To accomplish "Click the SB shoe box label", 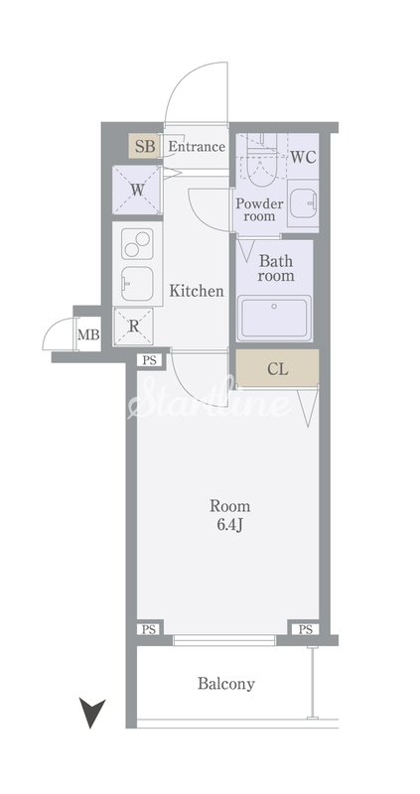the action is [x=145, y=147].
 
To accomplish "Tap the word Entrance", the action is [x=197, y=147].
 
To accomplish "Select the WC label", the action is [x=303, y=157].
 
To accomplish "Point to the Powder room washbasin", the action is [x=303, y=203].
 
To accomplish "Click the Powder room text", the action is [x=260, y=209].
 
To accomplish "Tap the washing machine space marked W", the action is [x=137, y=191].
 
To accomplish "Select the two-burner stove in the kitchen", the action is [x=138, y=243].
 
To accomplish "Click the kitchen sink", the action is [x=137, y=284].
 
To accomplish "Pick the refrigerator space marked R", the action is [x=133, y=327].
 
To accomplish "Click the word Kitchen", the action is [x=196, y=291].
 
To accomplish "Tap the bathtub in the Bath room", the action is [x=274, y=318].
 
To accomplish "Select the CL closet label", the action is [x=278, y=369].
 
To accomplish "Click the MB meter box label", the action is [x=88, y=334].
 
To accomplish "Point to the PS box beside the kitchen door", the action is [x=149, y=360].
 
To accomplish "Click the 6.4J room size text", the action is [x=230, y=525].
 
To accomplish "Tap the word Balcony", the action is [x=226, y=684].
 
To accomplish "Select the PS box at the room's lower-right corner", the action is [x=305, y=629].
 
